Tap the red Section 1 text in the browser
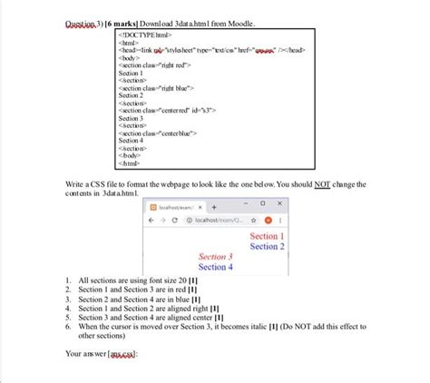(x=266, y=237)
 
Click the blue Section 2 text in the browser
(x=266, y=247)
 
